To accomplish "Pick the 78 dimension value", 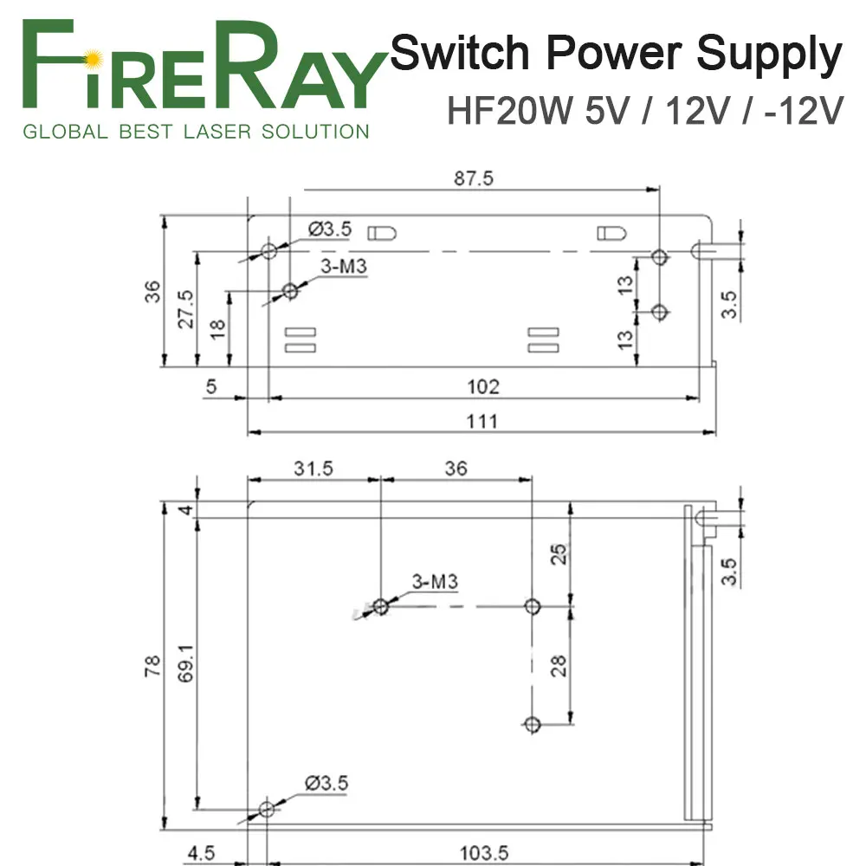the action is [x=152, y=666].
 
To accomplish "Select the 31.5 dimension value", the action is [x=313, y=469].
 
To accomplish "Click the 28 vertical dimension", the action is [x=559, y=665].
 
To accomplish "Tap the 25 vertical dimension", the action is [x=559, y=554].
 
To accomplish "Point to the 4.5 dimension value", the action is [x=201, y=853].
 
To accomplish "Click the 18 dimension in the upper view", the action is [x=218, y=328].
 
